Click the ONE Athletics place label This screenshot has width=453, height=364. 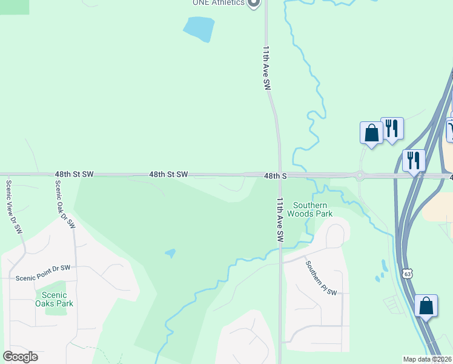(x=218, y=2)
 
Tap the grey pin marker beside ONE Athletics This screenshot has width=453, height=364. (x=254, y=3)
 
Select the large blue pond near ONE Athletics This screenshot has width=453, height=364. (x=199, y=29)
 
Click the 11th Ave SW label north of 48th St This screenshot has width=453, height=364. (x=266, y=68)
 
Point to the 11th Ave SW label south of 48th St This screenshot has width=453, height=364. (x=280, y=220)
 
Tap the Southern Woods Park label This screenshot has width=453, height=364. (x=309, y=209)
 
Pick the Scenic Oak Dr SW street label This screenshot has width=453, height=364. (x=65, y=204)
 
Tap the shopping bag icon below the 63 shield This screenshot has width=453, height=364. (x=426, y=306)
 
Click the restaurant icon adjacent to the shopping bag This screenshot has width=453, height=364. (x=392, y=128)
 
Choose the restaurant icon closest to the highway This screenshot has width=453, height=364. (x=414, y=160)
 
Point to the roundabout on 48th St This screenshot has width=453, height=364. (x=360, y=176)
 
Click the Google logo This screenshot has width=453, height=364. (x=20, y=357)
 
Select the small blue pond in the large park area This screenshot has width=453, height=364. (x=171, y=253)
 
